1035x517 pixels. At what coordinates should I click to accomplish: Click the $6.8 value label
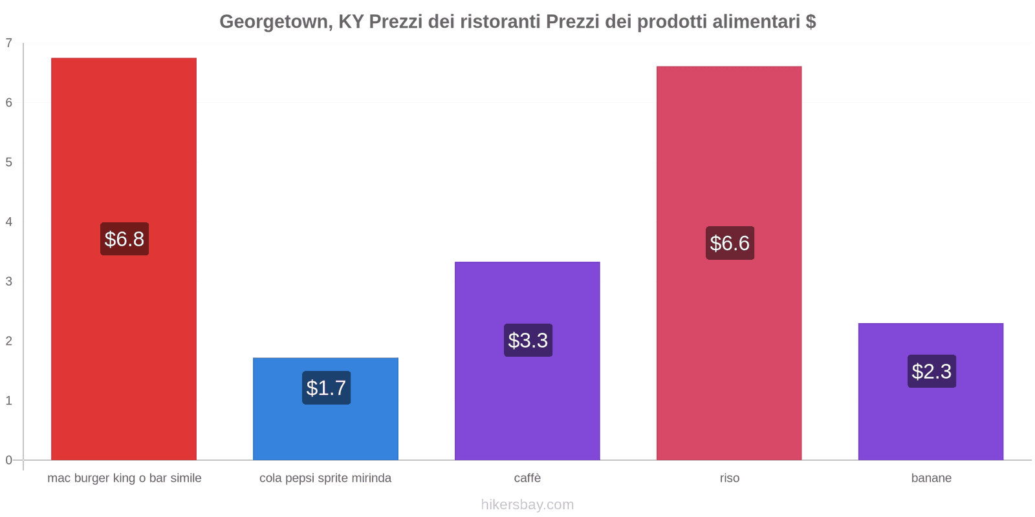(x=124, y=239)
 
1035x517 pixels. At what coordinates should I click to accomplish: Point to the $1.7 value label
(x=326, y=388)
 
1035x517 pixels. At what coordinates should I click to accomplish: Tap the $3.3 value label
(x=528, y=340)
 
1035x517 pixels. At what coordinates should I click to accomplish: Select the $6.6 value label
(x=730, y=243)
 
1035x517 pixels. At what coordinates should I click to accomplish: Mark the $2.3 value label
(x=931, y=371)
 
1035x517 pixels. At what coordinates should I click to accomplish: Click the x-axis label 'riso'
(x=730, y=478)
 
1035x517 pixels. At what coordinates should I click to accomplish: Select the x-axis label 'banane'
(x=931, y=478)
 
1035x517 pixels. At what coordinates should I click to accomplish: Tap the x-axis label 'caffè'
(x=527, y=478)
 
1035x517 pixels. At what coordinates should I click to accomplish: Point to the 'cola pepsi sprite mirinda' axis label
(x=325, y=478)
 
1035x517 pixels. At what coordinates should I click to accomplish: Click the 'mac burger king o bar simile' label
(x=124, y=478)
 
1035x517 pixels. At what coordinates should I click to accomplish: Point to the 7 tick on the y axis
(x=9, y=43)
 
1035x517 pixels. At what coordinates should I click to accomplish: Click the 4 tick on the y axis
(x=9, y=222)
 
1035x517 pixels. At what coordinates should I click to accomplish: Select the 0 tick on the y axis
(x=9, y=460)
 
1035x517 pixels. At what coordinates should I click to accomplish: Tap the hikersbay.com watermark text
(x=527, y=505)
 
